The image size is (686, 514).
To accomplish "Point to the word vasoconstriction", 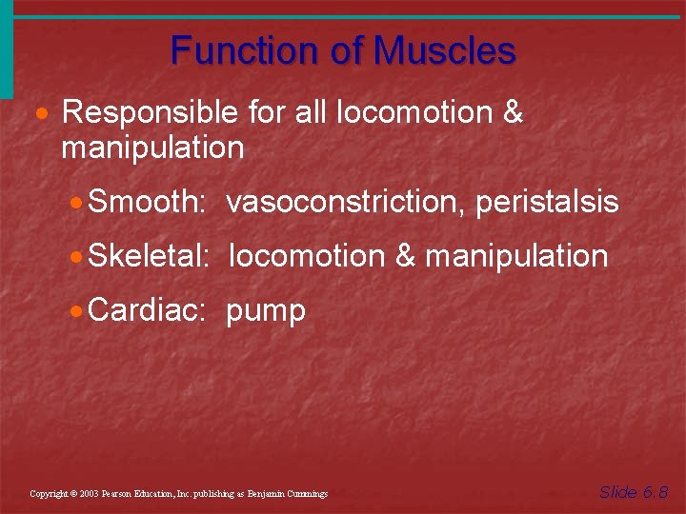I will [346, 203].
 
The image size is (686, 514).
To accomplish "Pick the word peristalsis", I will [547, 203].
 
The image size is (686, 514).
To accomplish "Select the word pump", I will [266, 311].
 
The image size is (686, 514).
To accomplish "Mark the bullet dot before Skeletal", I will [77, 257].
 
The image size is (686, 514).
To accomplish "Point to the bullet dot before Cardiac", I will [77, 311].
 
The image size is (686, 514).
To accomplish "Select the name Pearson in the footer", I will [121, 494].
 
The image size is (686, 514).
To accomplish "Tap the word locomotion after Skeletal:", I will [307, 256].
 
